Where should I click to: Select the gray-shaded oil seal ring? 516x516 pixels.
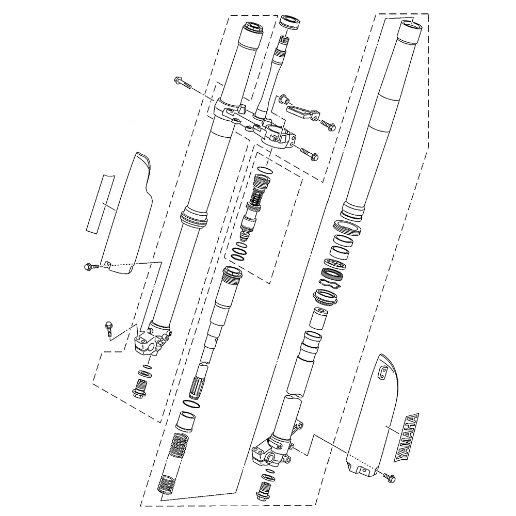333,273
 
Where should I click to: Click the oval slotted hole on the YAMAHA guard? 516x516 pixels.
383,373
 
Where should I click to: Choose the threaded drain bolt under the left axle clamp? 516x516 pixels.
140,388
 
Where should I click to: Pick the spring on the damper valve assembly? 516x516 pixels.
256,196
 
